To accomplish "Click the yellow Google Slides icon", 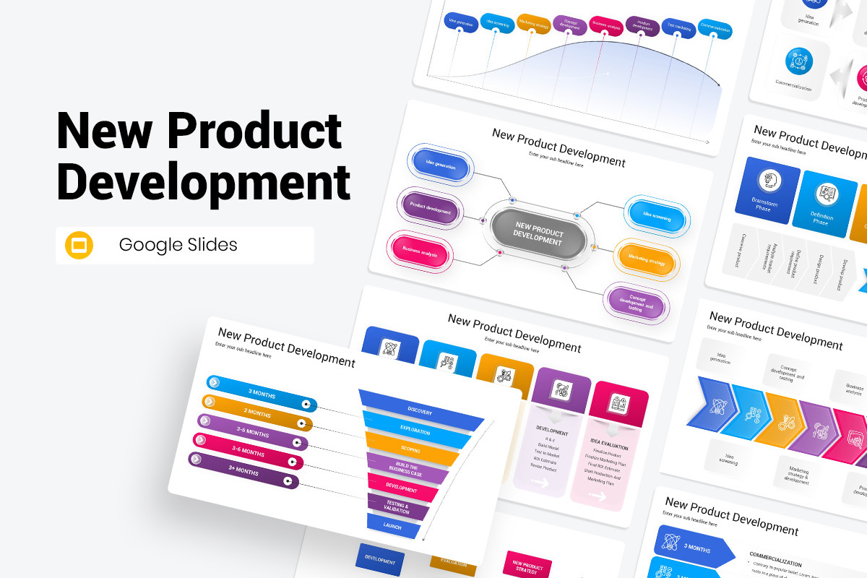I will pyautogui.click(x=79, y=245).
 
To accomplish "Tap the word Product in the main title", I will pyautogui.click(x=254, y=132).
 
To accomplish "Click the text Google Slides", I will pyautogui.click(x=178, y=245).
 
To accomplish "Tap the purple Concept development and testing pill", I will pyautogui.click(x=635, y=301).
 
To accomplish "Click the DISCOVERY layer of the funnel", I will pyautogui.click(x=420, y=410).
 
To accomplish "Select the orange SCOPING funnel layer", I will pyautogui.click(x=410, y=448).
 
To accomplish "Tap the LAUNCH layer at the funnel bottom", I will pyautogui.click(x=393, y=525).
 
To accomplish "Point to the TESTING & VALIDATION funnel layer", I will pyautogui.click(x=397, y=506).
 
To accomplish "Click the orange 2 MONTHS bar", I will pyautogui.click(x=257, y=413).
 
